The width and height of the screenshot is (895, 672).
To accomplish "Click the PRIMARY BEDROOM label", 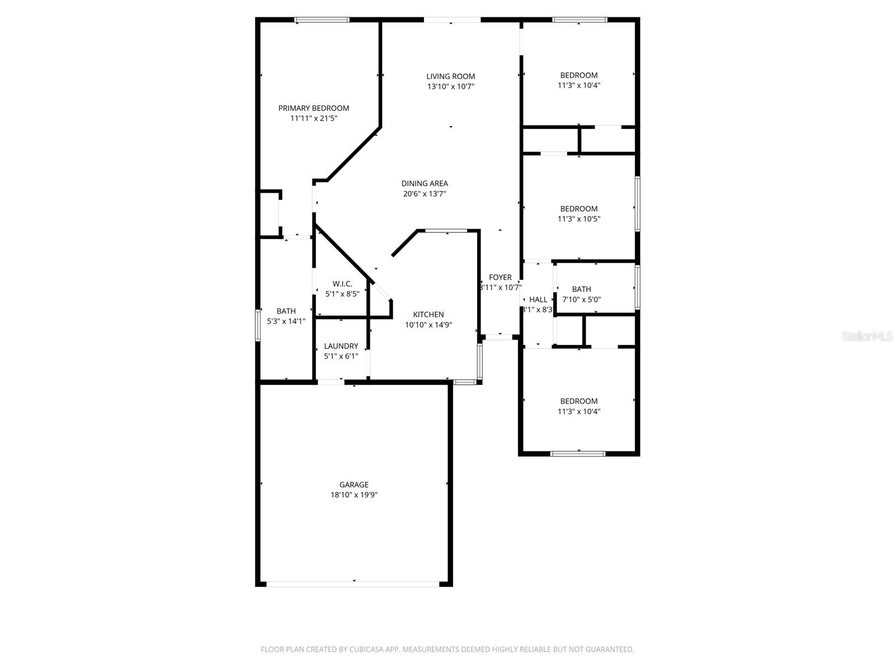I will (313, 108).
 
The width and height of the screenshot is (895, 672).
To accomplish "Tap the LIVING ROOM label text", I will (450, 76).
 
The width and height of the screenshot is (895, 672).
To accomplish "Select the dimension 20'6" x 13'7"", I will (425, 194).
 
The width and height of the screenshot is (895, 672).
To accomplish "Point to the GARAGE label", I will (354, 484).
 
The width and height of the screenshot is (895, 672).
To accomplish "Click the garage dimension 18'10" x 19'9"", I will (354, 495).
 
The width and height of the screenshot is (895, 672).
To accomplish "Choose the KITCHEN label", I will (428, 314).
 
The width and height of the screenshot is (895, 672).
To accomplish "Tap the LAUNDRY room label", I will (341, 346).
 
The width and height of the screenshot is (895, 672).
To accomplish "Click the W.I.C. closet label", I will (342, 283).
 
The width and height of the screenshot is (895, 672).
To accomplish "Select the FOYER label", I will (500, 277).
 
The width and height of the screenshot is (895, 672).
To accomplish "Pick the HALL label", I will (538, 300).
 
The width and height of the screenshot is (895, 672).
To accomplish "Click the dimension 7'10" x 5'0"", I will (581, 300).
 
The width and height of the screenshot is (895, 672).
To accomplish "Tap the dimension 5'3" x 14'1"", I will (286, 321).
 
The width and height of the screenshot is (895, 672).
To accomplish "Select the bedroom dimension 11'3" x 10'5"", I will (578, 219).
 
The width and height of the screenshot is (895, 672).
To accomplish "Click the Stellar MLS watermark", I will (866, 336).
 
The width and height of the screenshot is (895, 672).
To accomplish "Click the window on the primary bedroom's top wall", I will (322, 20).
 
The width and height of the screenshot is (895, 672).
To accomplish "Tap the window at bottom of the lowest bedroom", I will (578, 454).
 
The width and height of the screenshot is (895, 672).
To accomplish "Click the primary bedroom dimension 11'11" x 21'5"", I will (313, 118).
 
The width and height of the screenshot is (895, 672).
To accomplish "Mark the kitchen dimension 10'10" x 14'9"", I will (428, 324).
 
